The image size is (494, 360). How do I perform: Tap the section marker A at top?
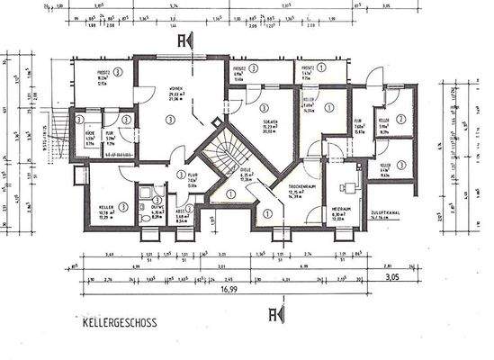(x=184, y=41)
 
